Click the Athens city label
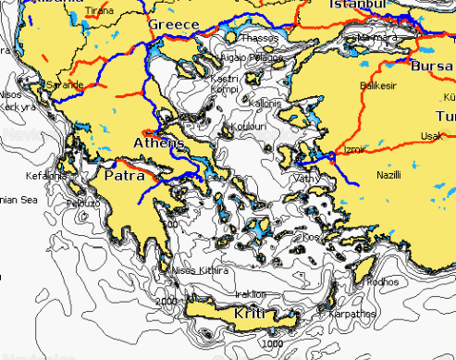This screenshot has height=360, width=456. pyautogui.click(x=159, y=144)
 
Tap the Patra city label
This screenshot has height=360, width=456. pyautogui.click(x=124, y=175)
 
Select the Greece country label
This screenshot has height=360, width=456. pyautogui.click(x=174, y=23)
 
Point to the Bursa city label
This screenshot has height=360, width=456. pyautogui.click(x=433, y=68)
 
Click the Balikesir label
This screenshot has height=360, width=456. pyautogui.click(x=376, y=85)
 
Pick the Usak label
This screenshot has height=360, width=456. pyautogui.click(x=430, y=136)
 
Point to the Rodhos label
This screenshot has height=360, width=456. pyautogui.click(x=383, y=281)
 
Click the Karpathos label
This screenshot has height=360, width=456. pyautogui.click(x=351, y=314)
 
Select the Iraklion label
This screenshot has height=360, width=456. pyautogui.click(x=251, y=294)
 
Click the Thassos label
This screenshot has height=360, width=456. pyautogui.click(x=259, y=39)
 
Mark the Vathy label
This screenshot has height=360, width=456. pyautogui.click(x=305, y=178)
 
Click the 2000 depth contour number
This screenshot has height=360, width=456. pyautogui.click(x=166, y=302)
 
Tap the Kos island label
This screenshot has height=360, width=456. pyautogui.click(x=310, y=237)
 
